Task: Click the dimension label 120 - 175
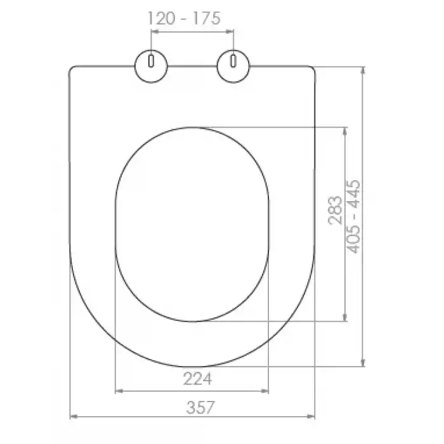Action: [184, 18]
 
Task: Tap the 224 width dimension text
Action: [197, 379]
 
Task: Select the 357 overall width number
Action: [200, 407]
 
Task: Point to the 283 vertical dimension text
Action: [336, 210]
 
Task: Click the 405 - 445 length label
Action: [354, 217]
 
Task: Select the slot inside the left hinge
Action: [151, 61]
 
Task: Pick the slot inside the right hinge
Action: [233, 61]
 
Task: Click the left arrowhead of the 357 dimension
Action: [73, 417]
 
